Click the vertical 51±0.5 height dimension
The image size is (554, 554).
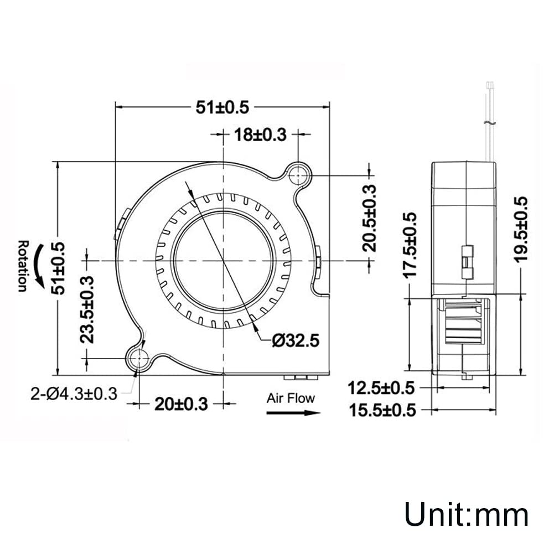(59, 268)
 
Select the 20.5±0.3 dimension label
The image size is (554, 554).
(369, 218)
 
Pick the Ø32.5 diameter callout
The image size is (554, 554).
(295, 341)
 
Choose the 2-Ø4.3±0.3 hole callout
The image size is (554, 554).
(74, 394)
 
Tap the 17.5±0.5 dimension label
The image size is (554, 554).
(410, 244)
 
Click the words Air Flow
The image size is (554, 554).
(291, 398)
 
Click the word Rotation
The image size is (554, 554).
(22, 265)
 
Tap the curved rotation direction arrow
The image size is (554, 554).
(39, 267)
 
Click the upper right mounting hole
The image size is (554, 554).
(298, 175)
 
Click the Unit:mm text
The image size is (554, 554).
(466, 514)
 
